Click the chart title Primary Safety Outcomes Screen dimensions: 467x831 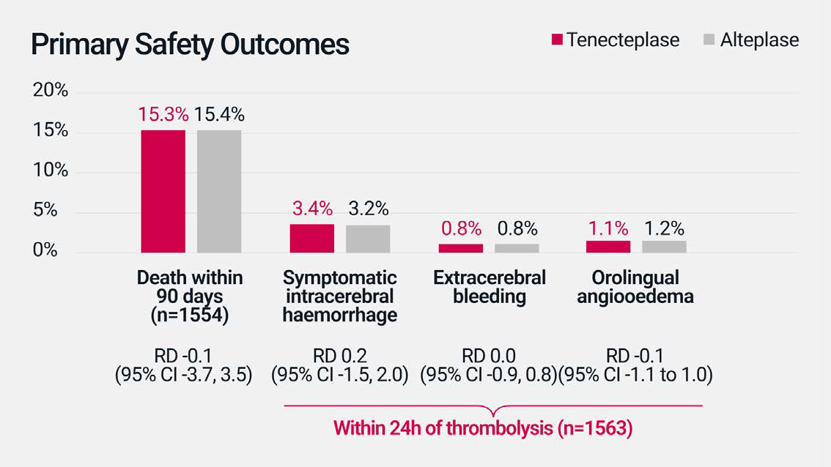[190, 45]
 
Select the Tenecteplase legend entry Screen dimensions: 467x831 [616, 40]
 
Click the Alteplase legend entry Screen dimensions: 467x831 [750, 40]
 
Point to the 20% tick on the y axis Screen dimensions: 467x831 [51, 91]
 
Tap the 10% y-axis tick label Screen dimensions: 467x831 [51, 171]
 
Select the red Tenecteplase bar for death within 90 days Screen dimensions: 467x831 [163, 191]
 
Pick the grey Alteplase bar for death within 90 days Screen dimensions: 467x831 [219, 191]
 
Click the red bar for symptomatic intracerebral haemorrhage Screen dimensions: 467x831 [312, 239]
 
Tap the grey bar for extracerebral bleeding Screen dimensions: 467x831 [517, 248]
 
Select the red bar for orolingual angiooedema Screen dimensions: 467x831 [608, 247]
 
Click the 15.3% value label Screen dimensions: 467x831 [163, 115]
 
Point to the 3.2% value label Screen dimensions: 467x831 [368, 209]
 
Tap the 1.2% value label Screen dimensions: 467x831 [664, 228]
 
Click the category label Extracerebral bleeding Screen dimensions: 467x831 [489, 287]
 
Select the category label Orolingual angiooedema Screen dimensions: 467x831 [635, 287]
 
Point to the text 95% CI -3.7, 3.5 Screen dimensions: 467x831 [183, 375]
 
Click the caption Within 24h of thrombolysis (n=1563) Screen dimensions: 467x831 [483, 428]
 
